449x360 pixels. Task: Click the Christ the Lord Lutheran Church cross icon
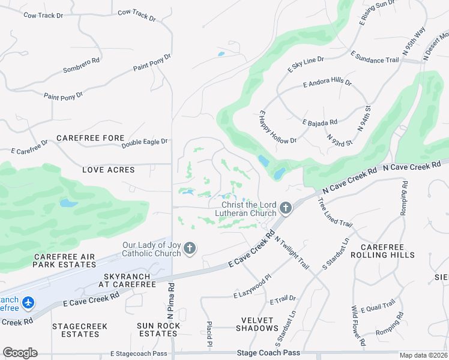tap(285, 208)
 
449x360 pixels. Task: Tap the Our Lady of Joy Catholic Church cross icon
tap(190, 248)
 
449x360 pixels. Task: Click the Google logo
tap(20, 353)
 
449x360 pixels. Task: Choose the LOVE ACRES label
tap(109, 170)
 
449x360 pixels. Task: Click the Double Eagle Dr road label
tap(145, 143)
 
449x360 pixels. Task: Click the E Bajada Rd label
tap(320, 122)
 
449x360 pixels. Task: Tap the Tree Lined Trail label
tap(334, 212)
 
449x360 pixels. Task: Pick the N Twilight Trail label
tap(292, 252)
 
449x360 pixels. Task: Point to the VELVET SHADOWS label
tap(248, 325)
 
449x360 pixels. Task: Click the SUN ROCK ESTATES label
tap(158, 329)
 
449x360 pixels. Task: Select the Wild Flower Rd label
tap(358, 326)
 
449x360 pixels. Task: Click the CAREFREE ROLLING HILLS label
tap(387, 251)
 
